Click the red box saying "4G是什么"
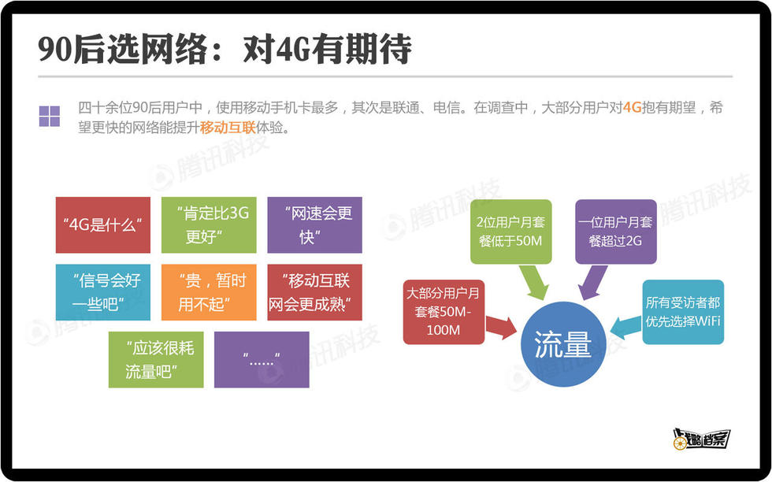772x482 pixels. point(103,225)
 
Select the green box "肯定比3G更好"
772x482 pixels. point(209,225)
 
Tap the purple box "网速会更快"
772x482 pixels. point(314,225)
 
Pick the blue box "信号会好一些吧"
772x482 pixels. point(103,292)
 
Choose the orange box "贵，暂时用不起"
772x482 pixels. point(209,292)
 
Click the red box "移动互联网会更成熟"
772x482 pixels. point(314,292)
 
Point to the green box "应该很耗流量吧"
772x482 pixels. point(156,359)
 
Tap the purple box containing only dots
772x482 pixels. point(262,359)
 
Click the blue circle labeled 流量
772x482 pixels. point(563,344)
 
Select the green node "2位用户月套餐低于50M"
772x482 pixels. point(511,232)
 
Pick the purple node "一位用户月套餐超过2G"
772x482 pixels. point(616,232)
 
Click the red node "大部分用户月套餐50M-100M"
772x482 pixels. point(444,312)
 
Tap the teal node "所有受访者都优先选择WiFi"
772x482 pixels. point(683,312)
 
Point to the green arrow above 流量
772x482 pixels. point(534,283)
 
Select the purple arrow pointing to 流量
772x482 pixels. point(592,283)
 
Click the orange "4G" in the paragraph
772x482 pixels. point(632,107)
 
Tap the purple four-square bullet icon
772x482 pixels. point(49,117)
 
